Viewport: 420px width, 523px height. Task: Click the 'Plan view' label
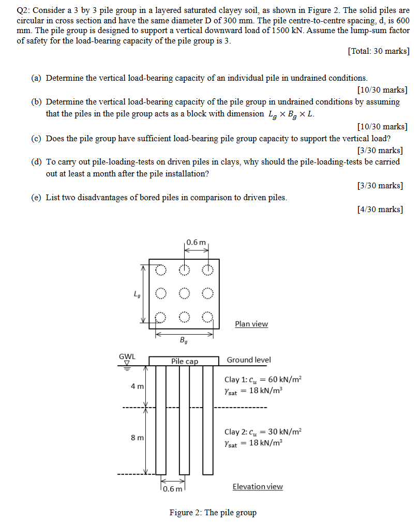click(x=251, y=324)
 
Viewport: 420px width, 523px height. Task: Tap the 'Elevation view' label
click(x=258, y=486)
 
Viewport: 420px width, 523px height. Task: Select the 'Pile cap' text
click(x=185, y=361)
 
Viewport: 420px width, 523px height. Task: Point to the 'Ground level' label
click(x=249, y=360)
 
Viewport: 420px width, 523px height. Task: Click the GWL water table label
click(x=127, y=356)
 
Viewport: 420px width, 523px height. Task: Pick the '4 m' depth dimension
click(x=137, y=386)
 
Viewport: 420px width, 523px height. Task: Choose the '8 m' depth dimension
click(x=137, y=438)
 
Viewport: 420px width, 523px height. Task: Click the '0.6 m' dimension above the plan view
click(x=196, y=242)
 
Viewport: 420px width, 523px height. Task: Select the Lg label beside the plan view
click(x=137, y=295)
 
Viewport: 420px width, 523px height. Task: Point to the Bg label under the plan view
click(x=184, y=340)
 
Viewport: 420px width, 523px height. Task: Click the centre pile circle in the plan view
click(x=184, y=293)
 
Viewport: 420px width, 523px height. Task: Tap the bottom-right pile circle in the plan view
click(x=207, y=317)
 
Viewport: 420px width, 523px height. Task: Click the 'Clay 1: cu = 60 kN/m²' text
click(x=262, y=379)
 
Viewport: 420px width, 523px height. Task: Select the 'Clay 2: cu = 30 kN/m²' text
click(x=262, y=431)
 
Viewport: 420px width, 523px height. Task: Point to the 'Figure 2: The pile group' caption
click(x=213, y=513)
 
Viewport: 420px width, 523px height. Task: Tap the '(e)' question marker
click(x=36, y=197)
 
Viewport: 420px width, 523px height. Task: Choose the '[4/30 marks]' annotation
click(x=380, y=209)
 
